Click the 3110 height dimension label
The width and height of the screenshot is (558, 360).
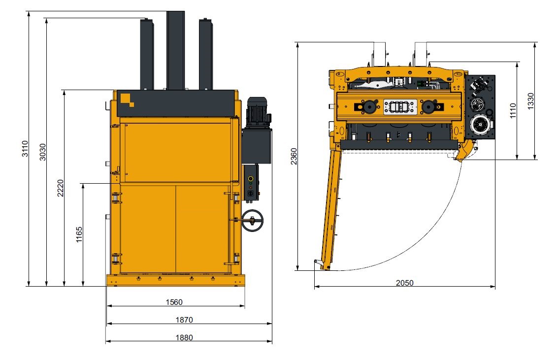[25, 148]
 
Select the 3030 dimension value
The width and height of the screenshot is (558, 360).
[42, 152]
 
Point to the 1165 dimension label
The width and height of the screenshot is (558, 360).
[79, 234]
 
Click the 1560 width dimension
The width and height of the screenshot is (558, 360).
[174, 302]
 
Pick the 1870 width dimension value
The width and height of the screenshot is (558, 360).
[184, 320]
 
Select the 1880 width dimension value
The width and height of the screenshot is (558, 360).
[184, 337]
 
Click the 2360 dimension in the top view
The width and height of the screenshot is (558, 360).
[294, 156]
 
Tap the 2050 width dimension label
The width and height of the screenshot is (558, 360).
[405, 283]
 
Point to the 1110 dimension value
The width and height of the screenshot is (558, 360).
[513, 111]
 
